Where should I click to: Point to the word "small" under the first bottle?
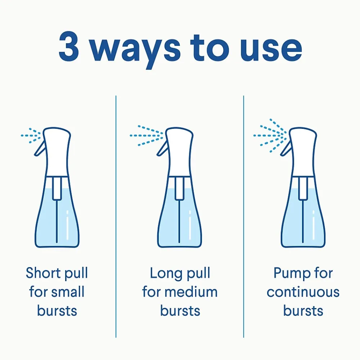pyautogui.click(x=68, y=292)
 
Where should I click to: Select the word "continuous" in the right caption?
pyautogui.click(x=303, y=292)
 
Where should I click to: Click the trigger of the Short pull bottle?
pyautogui.click(x=40, y=149)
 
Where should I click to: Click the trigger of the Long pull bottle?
pyautogui.click(x=162, y=149)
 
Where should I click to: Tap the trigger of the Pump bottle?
pyautogui.click(x=285, y=149)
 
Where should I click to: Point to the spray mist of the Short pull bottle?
pyautogui.click(x=31, y=135)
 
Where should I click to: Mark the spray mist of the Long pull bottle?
pyautogui.click(x=147, y=135)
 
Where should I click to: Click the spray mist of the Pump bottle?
pyautogui.click(x=270, y=135)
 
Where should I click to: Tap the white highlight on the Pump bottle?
pyautogui.click(x=314, y=225)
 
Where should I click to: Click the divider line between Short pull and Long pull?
pyautogui.click(x=116, y=216)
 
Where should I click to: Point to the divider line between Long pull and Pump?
pyautogui.click(x=244, y=216)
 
